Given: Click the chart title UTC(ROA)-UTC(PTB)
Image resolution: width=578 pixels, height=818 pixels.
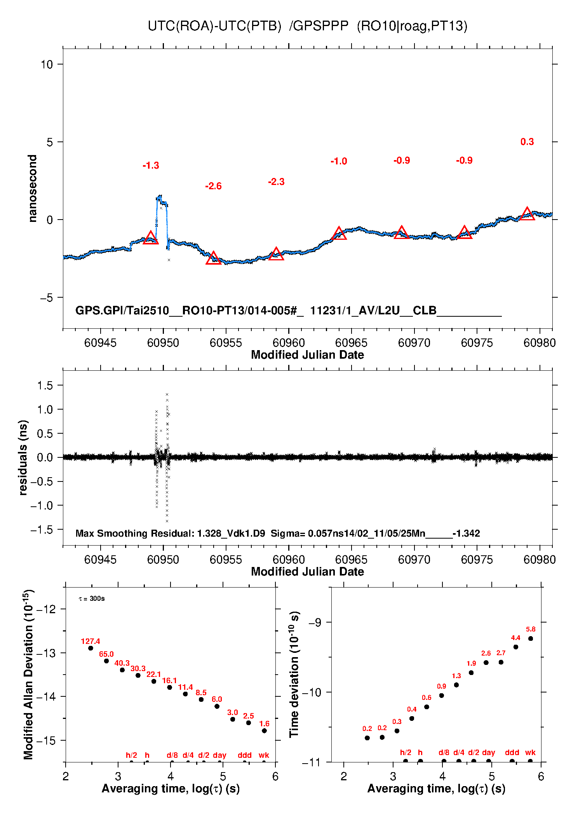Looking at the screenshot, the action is pyautogui.click(x=214, y=26).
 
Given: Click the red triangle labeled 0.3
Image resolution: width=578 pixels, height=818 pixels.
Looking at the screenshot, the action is pyautogui.click(x=527, y=214).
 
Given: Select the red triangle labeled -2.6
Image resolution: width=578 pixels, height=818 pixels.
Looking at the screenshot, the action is pyautogui.click(x=213, y=258).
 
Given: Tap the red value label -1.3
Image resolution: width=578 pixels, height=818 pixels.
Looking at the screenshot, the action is pyautogui.click(x=151, y=166).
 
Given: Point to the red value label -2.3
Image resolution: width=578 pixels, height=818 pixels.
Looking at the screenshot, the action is pyautogui.click(x=276, y=182).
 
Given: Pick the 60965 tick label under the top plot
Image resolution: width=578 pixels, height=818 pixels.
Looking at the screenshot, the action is pyautogui.click(x=351, y=343).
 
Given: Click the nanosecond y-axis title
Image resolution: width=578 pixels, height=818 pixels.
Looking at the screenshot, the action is pyautogui.click(x=33, y=188).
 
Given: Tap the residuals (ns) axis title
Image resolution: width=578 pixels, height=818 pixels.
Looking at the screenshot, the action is pyautogui.click(x=23, y=457).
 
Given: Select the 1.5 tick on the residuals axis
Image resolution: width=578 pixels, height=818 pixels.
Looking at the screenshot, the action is pyautogui.click(x=45, y=385).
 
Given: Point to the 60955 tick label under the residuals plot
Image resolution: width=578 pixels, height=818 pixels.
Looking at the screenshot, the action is pyautogui.click(x=226, y=560).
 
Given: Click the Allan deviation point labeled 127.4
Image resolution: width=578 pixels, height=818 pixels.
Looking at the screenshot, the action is pyautogui.click(x=91, y=648).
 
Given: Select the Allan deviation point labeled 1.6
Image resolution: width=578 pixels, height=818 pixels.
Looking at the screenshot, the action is pyautogui.click(x=264, y=731).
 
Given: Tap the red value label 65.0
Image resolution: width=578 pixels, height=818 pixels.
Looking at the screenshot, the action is pyautogui.click(x=106, y=654).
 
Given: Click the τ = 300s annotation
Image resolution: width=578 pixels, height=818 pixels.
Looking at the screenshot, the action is pyautogui.click(x=92, y=599).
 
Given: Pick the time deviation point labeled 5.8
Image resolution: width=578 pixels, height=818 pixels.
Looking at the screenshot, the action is pyautogui.click(x=531, y=638).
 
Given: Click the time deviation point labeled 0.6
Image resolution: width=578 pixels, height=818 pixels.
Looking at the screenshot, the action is pyautogui.click(x=427, y=707).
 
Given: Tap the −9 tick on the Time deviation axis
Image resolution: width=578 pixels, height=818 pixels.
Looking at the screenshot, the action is pyautogui.click(x=315, y=623).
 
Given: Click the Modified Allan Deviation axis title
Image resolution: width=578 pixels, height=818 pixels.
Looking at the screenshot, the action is pyautogui.click(x=28, y=675).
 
